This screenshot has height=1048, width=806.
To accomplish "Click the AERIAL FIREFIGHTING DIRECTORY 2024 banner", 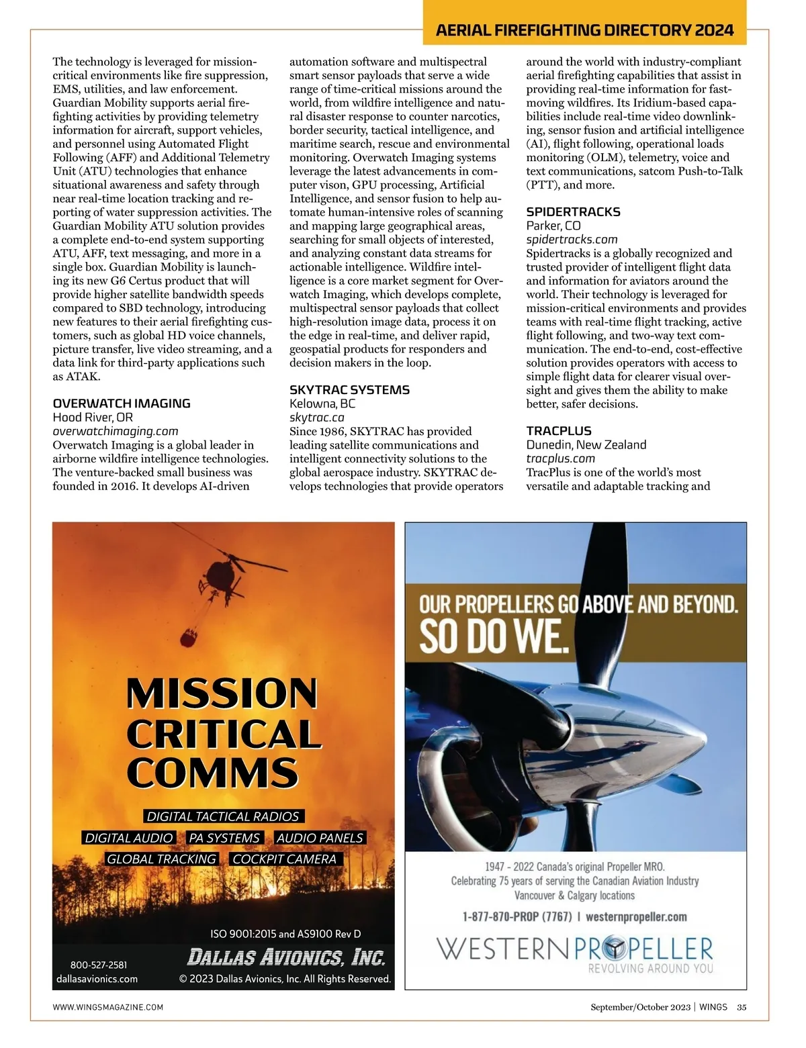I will (x=584, y=30).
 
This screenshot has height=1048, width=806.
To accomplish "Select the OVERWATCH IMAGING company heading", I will (x=122, y=403).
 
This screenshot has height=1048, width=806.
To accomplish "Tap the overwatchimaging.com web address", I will (x=116, y=431).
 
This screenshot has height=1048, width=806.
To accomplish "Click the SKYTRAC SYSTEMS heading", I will (x=349, y=390).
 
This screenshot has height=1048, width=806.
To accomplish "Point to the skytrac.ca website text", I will (x=317, y=418).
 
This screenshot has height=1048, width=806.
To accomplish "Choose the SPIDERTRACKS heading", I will (x=573, y=212).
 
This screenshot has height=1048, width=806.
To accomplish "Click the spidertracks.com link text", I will (x=572, y=240).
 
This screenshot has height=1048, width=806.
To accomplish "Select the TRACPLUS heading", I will (x=559, y=431).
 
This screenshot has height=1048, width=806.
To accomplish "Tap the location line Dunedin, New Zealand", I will (x=586, y=444).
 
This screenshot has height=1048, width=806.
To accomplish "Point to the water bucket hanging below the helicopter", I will (x=190, y=634).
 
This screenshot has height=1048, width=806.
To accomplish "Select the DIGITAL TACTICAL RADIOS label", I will (x=223, y=816).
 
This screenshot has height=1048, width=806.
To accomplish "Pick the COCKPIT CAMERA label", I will (x=284, y=859).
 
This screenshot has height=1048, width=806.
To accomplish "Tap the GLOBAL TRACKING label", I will (x=161, y=859).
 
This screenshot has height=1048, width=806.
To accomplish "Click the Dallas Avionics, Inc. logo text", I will (x=285, y=957).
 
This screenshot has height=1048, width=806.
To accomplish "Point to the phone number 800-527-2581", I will (x=98, y=965).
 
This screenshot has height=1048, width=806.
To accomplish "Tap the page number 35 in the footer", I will (x=742, y=1007).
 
